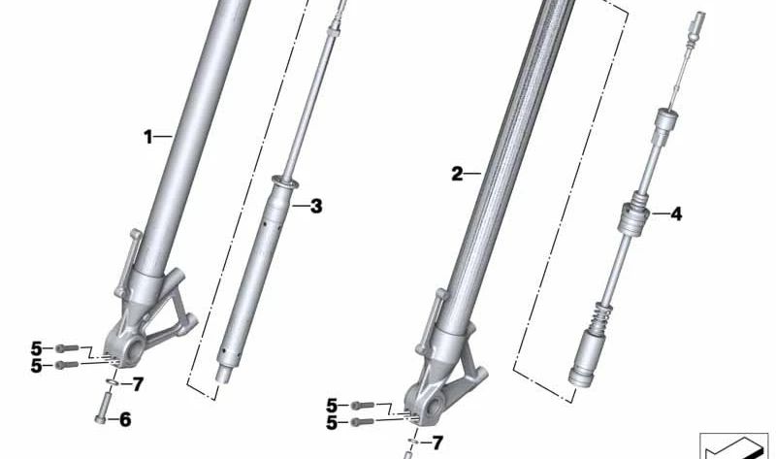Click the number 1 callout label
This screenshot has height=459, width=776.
click(x=149, y=138)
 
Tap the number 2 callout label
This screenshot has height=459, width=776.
click(x=457, y=175)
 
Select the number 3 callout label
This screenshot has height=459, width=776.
click(x=315, y=206)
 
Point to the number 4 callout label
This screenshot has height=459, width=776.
click(x=676, y=213)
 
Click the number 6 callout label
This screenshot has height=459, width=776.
click(x=124, y=420)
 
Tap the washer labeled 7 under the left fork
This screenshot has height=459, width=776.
click(x=114, y=382)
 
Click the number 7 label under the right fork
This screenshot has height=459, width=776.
click(x=437, y=443)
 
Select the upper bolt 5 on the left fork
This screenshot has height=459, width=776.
click(x=65, y=347)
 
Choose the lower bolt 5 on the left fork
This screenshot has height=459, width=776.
click(x=66, y=365)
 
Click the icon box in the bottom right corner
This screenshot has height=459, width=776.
click(x=732, y=445)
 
